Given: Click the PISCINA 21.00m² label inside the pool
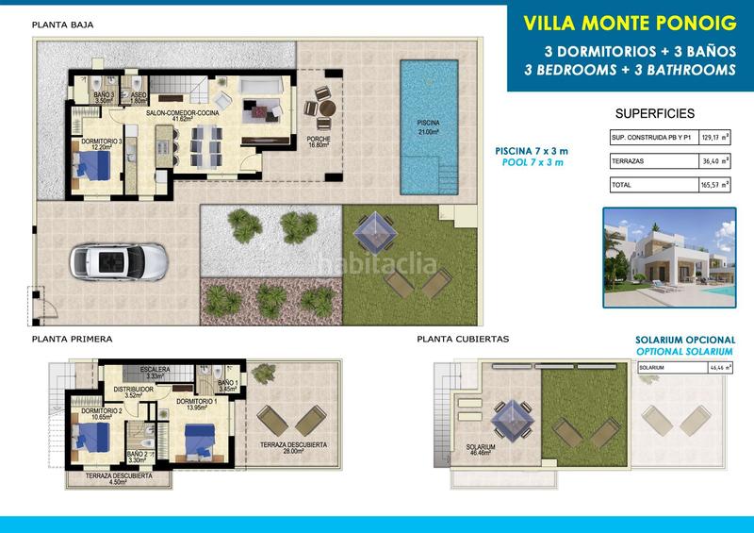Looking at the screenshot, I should point(429,127).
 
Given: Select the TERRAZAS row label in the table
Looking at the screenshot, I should point(629,161).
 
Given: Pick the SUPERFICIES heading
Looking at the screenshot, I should point(654,113).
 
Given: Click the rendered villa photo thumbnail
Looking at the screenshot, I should point(668,258).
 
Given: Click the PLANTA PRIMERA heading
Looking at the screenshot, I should point(72,339).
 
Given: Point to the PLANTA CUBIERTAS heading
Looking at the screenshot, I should point(462,339).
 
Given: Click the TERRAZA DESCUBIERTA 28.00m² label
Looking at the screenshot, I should point(294,447).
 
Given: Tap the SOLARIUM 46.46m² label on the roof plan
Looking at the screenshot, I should point(481,450).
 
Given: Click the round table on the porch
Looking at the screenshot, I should point(326,108).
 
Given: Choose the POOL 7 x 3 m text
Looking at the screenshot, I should point(532,162).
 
